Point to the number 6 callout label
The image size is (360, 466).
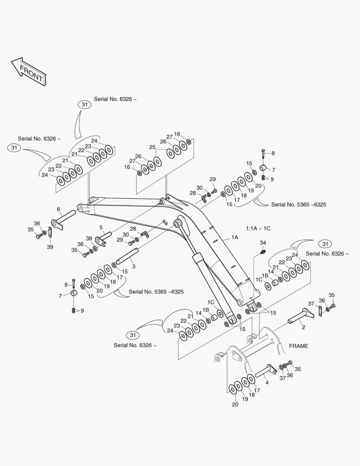(x=58, y=209)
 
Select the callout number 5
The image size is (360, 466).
(x=101, y=227)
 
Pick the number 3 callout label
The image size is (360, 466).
(x=134, y=267)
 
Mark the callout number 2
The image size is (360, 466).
(x=303, y=328)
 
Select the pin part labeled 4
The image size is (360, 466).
(x=266, y=371)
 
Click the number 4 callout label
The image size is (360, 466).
(x=266, y=383)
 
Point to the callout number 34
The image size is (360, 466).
(x=263, y=242)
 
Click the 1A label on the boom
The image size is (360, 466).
(x=235, y=237)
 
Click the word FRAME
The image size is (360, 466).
(x=298, y=346)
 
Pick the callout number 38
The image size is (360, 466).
(x=89, y=238)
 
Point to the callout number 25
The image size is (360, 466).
(x=152, y=147)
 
